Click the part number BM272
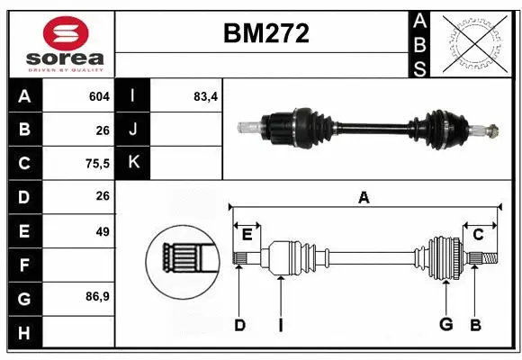click(x=265, y=33)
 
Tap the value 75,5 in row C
click(x=95, y=163)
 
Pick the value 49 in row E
click(x=102, y=231)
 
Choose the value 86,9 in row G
click(x=95, y=296)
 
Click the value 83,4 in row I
click(x=206, y=96)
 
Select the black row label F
click(x=24, y=265)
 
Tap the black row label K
click(x=133, y=163)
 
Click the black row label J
click(x=133, y=130)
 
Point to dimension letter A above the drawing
click(x=364, y=198)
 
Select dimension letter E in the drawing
click(x=247, y=234)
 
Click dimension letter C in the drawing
click(x=479, y=234)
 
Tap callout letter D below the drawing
click(x=239, y=325)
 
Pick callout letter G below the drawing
click(x=445, y=325)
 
